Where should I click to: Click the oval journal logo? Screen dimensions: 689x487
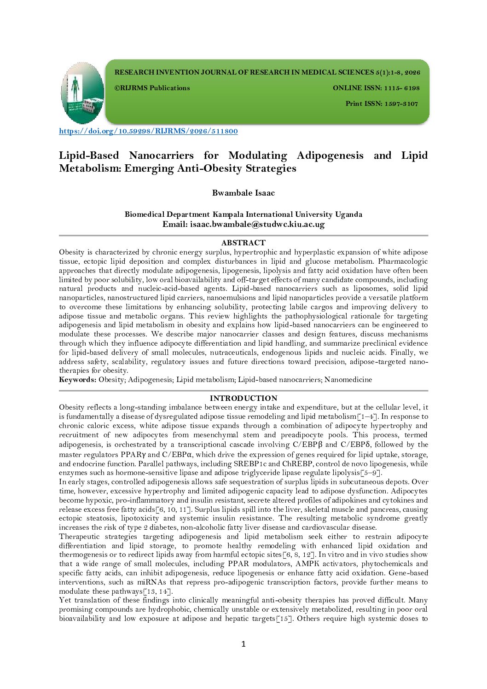point(82,93)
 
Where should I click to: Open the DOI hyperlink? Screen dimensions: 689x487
point(148,131)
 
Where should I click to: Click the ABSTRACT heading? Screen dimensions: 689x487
point(243,243)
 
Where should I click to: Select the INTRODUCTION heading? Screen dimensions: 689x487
point(243,398)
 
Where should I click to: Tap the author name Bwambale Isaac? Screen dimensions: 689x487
point(243,193)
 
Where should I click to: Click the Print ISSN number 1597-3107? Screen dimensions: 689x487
point(401,104)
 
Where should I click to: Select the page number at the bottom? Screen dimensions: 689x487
point(243,644)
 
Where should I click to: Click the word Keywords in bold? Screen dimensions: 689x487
point(77,380)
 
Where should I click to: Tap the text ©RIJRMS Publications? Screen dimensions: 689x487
point(152,88)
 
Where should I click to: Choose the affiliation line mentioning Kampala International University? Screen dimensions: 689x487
point(243,214)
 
